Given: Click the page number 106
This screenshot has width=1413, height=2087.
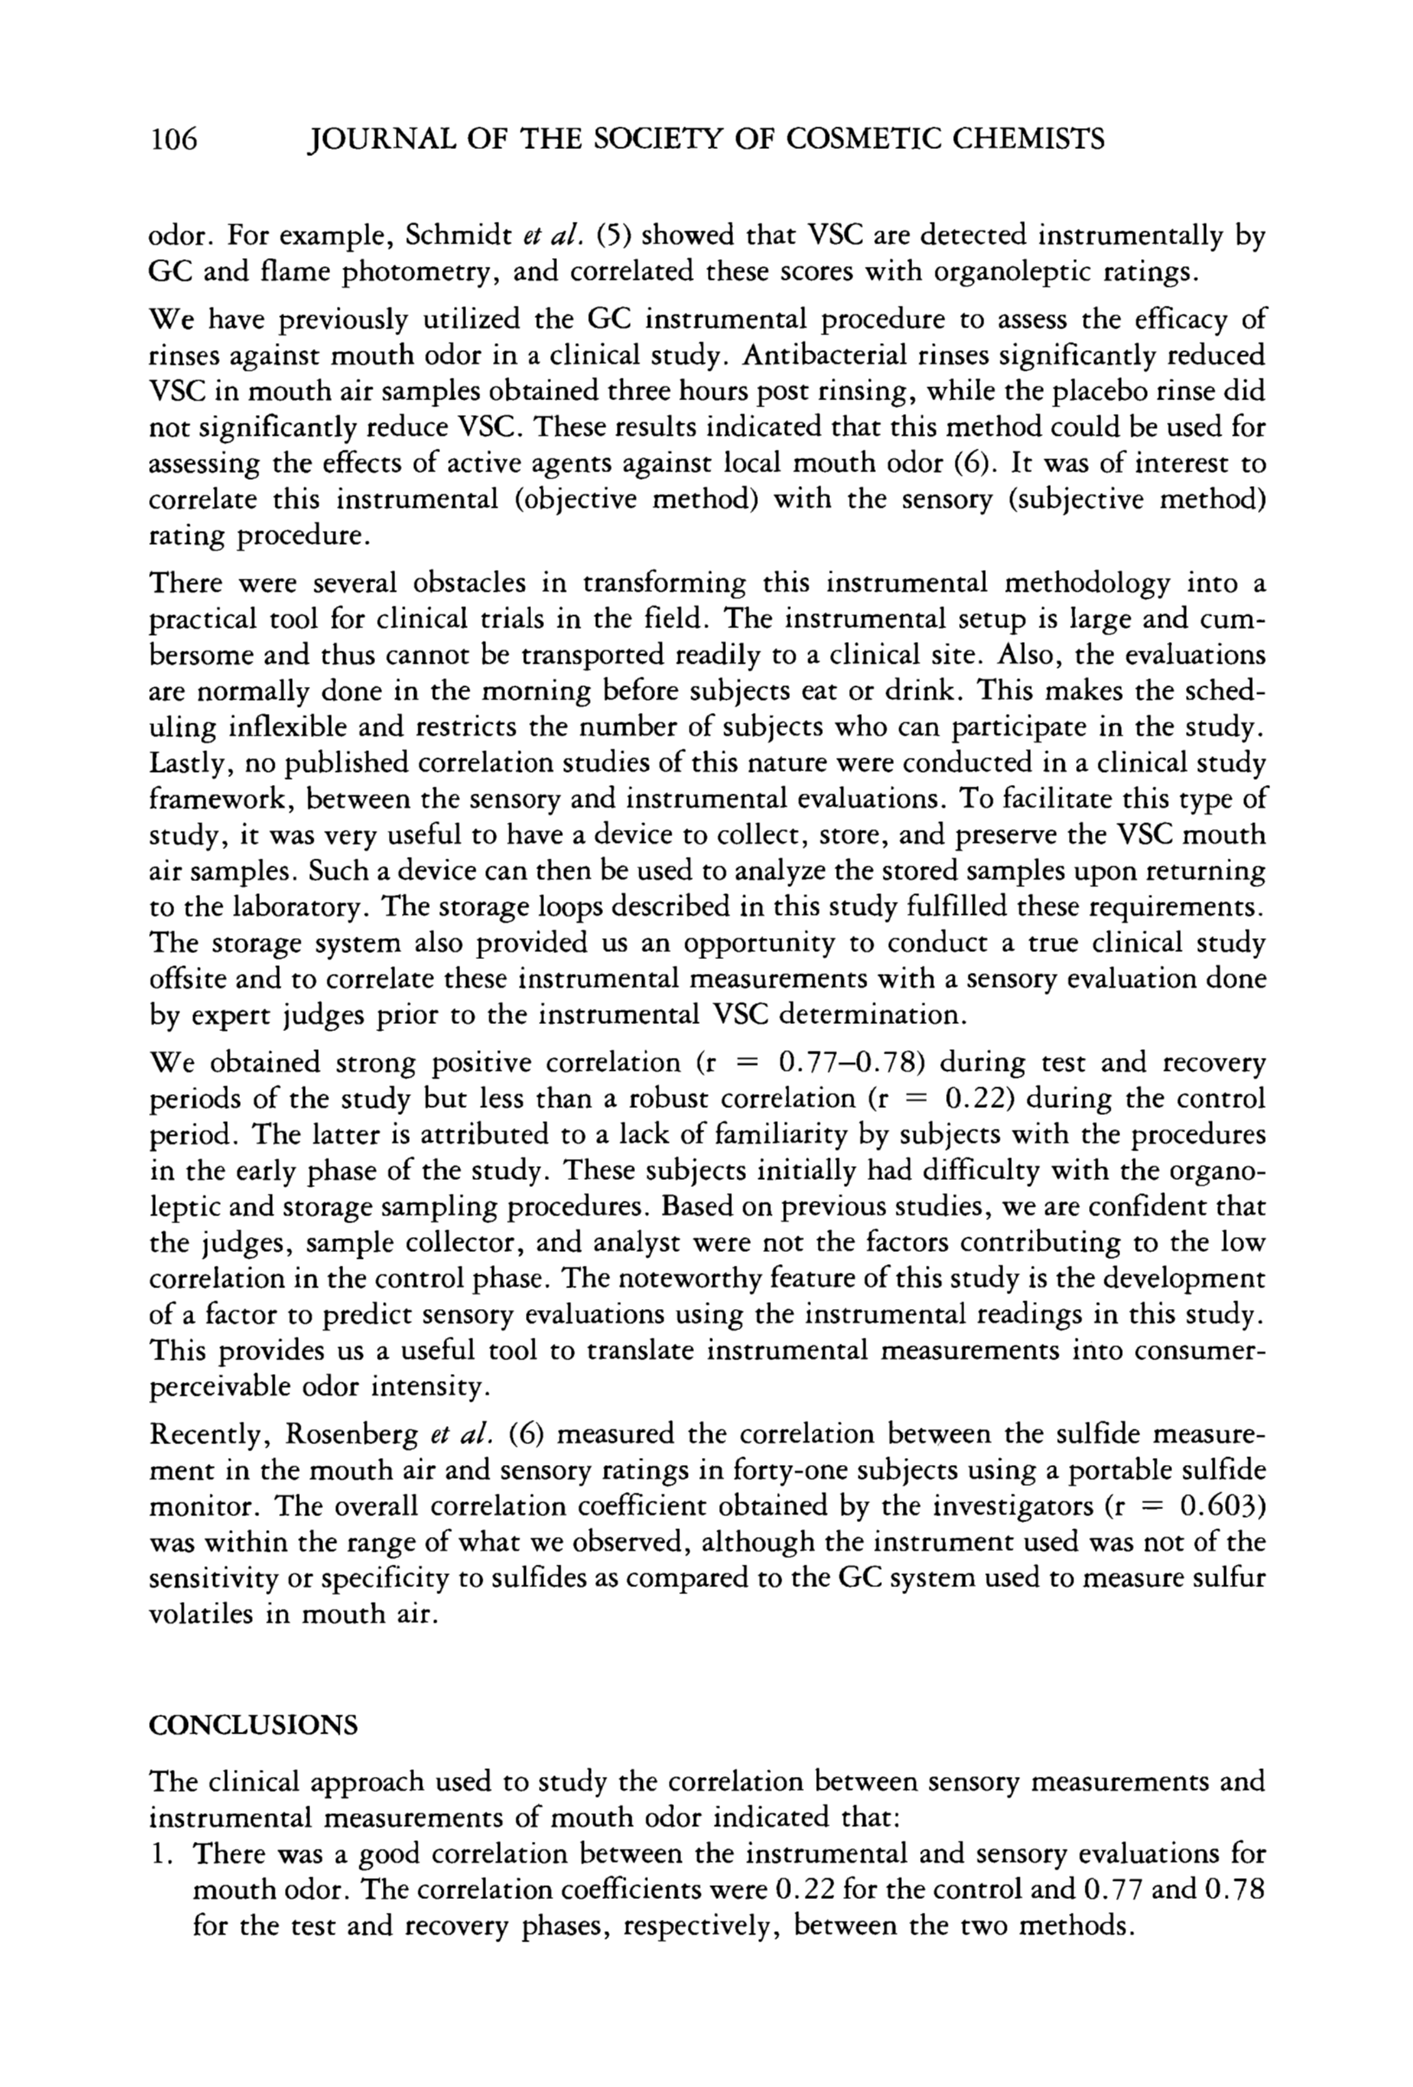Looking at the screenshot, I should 172,139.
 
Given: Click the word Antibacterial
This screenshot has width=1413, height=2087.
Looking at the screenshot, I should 838,355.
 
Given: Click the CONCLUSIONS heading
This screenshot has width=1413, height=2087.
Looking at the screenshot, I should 252,1726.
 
